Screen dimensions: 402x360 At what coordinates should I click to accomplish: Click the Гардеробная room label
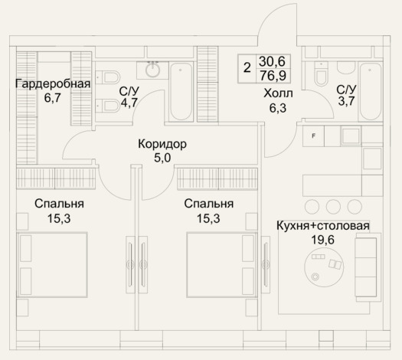[x=53, y=84]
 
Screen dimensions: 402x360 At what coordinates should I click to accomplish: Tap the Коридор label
[x=162, y=144]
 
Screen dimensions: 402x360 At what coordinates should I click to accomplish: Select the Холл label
[x=278, y=93]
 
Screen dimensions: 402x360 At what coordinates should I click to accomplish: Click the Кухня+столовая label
[x=323, y=226]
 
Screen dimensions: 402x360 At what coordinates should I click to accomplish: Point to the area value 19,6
[x=323, y=240]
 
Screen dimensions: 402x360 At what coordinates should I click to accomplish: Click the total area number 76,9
[x=273, y=76]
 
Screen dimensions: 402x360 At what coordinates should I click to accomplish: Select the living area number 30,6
[x=272, y=61]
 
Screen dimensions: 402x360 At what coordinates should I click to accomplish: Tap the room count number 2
[x=247, y=68]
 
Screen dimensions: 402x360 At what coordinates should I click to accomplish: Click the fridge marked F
[x=313, y=136]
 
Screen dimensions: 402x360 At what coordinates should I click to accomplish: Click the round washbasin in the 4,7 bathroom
[x=153, y=70]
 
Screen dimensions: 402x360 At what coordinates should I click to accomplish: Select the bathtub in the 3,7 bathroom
[x=371, y=92]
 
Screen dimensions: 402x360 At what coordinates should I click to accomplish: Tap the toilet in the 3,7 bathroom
[x=321, y=74]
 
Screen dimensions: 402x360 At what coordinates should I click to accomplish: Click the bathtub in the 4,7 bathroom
[x=181, y=92]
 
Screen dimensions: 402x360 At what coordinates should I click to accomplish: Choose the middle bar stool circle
[x=333, y=206]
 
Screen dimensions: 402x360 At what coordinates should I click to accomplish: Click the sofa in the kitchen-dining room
[x=366, y=267]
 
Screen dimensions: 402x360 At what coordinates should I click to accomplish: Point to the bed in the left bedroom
[x=52, y=265]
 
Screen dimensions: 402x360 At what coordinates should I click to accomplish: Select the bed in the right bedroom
[x=222, y=265]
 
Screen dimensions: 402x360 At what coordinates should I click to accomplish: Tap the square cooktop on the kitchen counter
[x=351, y=136]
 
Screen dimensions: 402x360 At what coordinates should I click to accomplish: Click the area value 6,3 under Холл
[x=278, y=108]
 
